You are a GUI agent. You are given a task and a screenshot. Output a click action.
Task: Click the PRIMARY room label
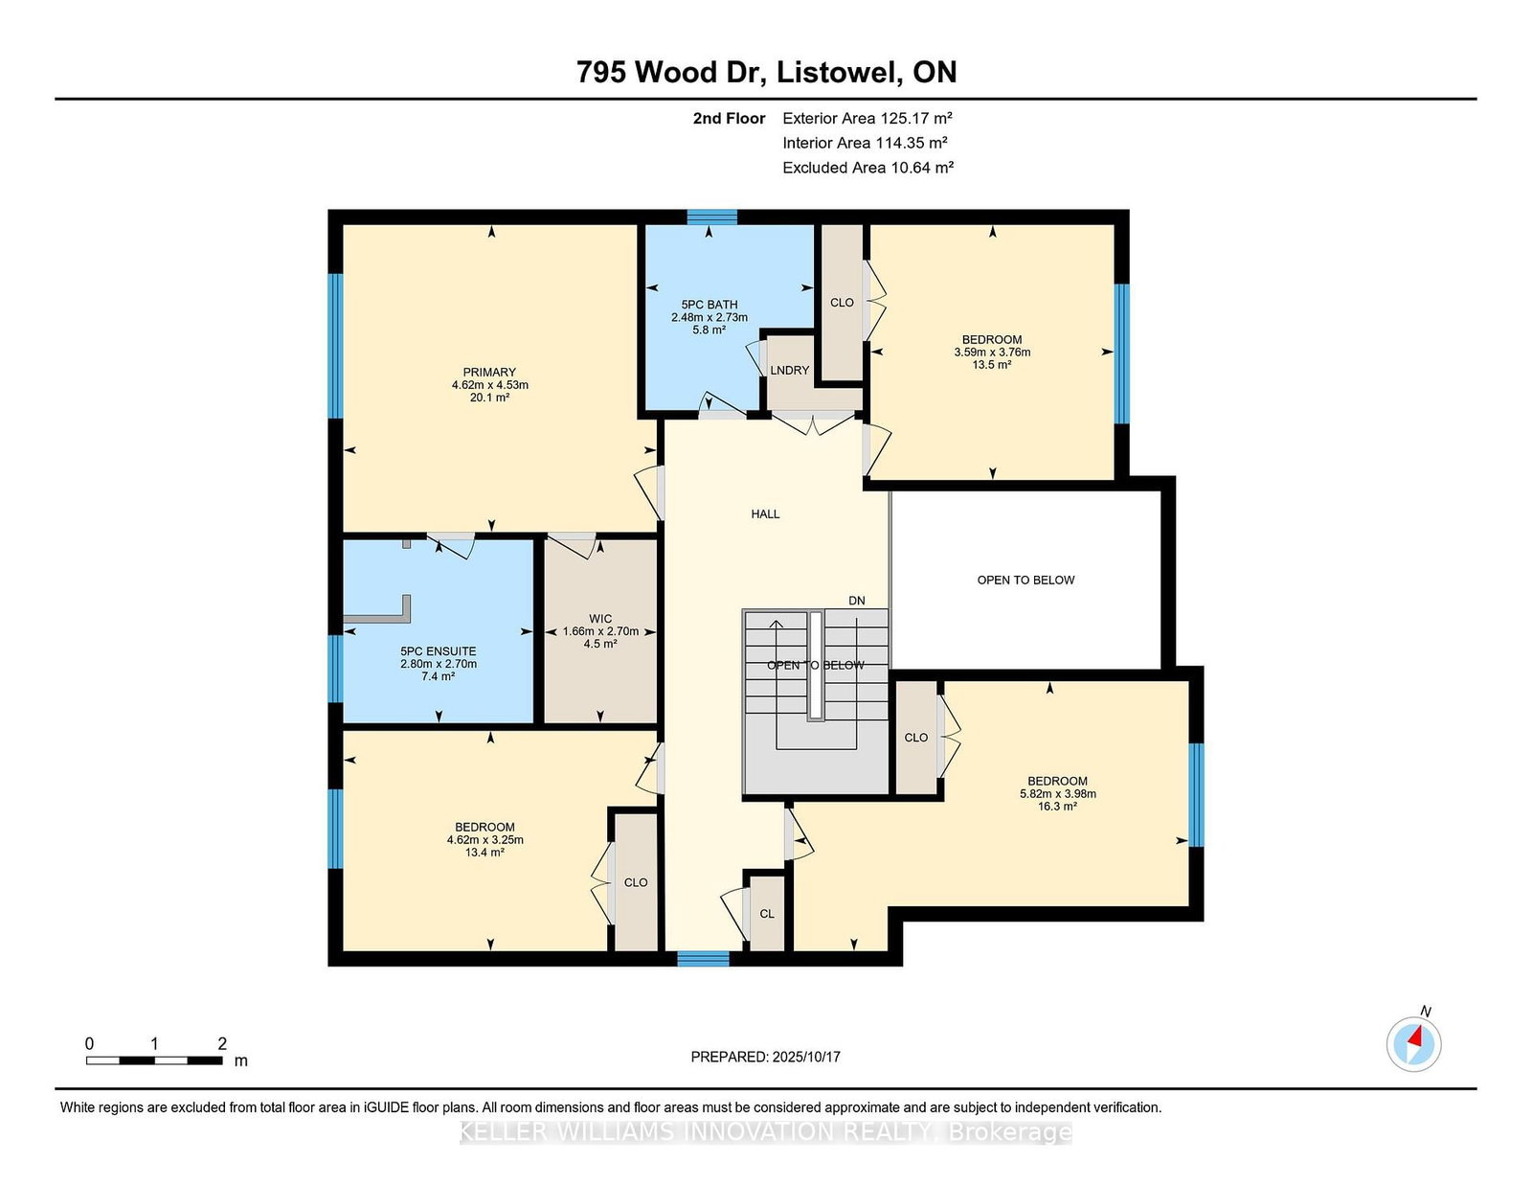pos(489,373)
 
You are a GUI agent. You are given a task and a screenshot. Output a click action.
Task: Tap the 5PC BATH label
pos(710,305)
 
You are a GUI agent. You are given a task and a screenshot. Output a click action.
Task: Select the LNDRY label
pos(790,371)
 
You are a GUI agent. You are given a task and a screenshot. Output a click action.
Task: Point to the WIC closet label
pos(600,619)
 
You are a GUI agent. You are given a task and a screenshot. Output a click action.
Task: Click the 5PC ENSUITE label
pos(439,651)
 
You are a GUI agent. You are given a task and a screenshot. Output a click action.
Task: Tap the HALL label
pos(766,514)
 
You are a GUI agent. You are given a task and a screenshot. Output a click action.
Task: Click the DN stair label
pos(857,601)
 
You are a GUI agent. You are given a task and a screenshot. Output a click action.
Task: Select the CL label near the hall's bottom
pos(767,914)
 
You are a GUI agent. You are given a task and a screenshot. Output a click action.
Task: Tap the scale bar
pos(154,1060)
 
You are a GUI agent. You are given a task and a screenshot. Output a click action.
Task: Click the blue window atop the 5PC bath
pos(712,216)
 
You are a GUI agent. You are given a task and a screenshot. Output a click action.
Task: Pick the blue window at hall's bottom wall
pos(704,959)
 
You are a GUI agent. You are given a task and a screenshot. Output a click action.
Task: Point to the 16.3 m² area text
pos(1057,807)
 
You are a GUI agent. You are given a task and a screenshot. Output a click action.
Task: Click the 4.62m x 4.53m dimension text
pos(490,385)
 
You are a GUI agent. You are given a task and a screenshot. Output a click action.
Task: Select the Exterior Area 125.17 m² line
pos(867,118)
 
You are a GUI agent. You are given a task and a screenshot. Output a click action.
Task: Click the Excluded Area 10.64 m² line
pos(867,168)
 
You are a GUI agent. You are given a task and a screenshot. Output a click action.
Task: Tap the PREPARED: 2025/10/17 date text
pos(766,1057)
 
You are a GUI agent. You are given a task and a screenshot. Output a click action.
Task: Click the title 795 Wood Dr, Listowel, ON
pos(766,72)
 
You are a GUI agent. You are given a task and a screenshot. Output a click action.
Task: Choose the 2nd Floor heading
pos(729,119)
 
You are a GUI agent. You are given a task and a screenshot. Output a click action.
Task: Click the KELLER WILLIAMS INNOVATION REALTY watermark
pos(766,1131)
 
